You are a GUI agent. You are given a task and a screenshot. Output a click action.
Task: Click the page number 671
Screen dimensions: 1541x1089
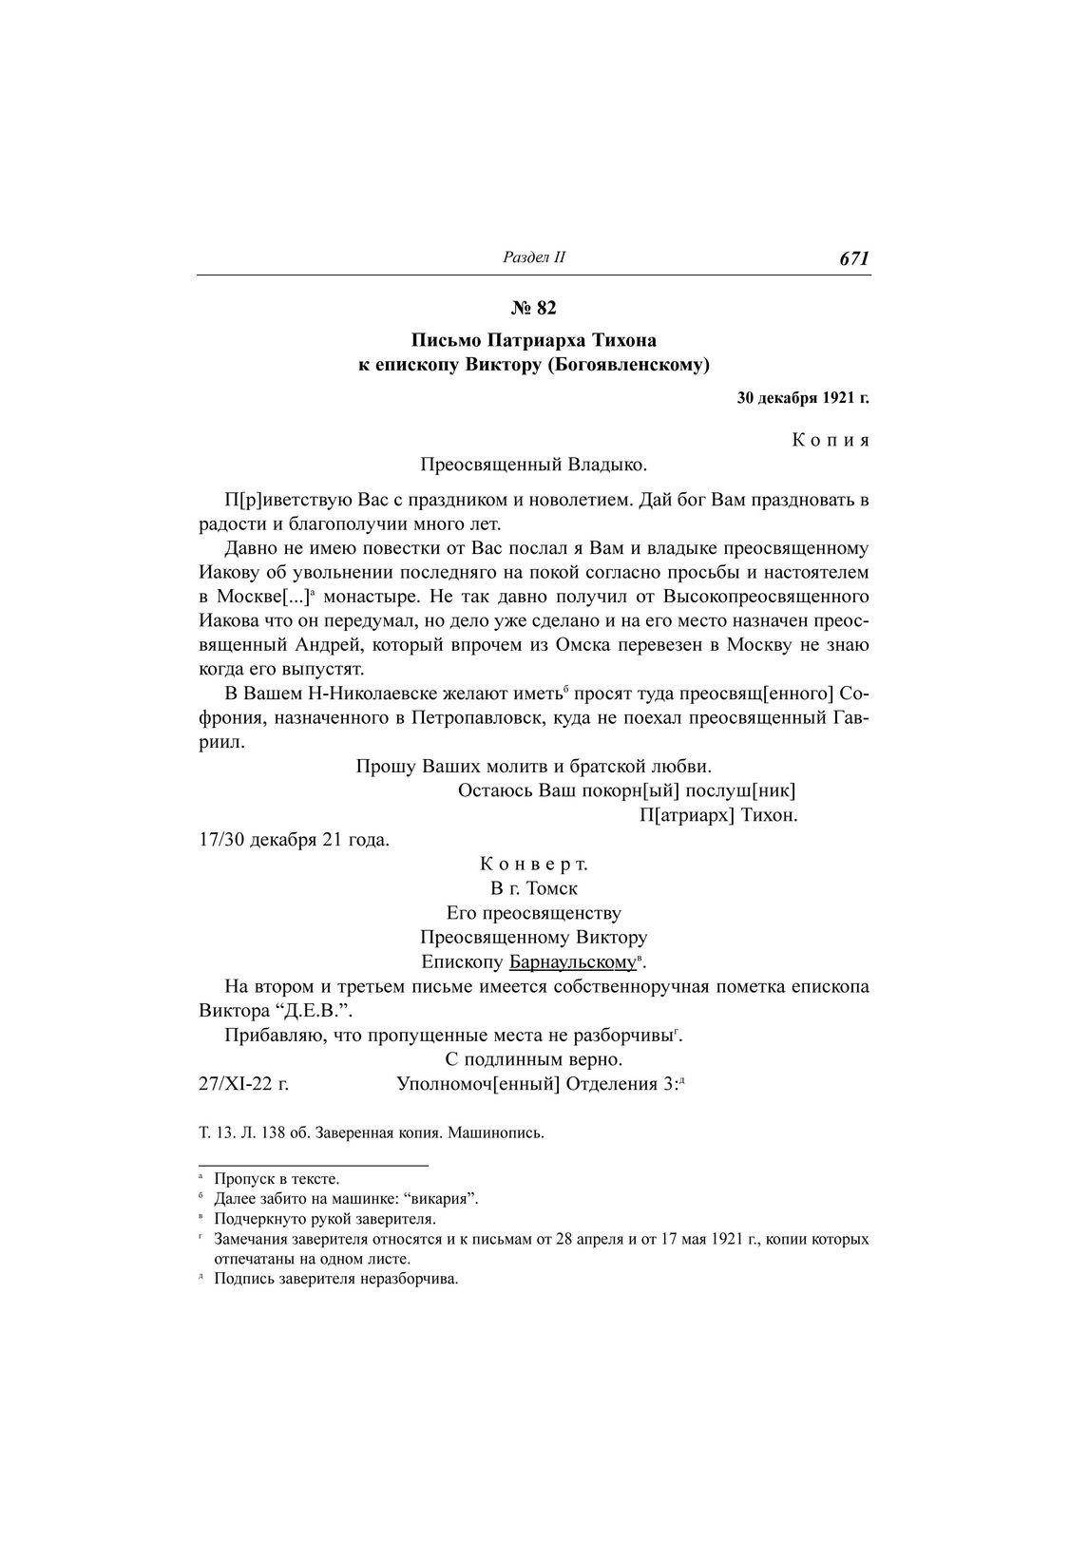[x=854, y=258]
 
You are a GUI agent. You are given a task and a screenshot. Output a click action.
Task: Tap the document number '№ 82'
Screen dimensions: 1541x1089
[x=533, y=308]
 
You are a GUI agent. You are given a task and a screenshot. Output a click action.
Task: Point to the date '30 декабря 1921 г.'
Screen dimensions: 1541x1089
[x=803, y=398]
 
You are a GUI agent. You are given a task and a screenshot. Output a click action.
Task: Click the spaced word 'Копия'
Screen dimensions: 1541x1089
[x=831, y=441]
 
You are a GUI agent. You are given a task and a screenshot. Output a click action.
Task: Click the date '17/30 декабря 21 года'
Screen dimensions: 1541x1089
[x=294, y=841]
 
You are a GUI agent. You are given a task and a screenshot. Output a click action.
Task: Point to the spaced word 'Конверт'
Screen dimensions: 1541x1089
[x=533, y=865]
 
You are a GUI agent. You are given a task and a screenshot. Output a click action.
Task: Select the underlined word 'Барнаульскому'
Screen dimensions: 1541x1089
[x=571, y=962]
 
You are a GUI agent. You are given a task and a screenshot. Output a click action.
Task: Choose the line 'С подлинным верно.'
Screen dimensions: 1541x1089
[x=533, y=1058]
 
